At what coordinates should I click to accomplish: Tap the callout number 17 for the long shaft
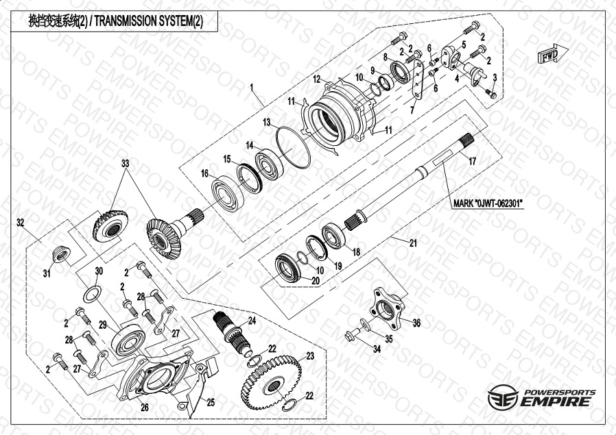tap(472, 162)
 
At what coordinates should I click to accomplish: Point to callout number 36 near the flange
tap(416, 323)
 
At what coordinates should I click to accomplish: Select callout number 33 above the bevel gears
tap(125, 164)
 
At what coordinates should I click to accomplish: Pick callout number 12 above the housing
tap(317, 79)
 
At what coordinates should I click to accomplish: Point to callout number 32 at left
tap(21, 222)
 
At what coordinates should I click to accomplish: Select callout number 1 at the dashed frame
tap(252, 88)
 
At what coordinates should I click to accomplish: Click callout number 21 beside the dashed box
tap(413, 243)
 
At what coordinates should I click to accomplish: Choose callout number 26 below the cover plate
tap(144, 407)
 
